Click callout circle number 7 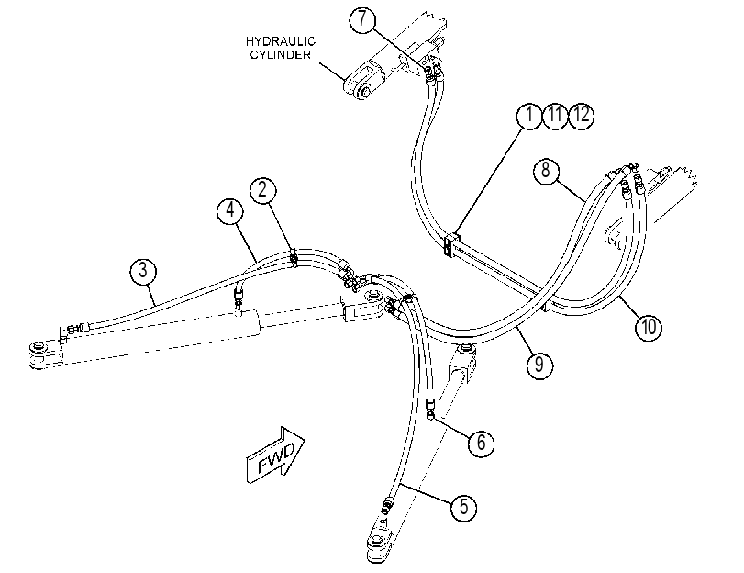362,19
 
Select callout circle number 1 529,115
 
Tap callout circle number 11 555,115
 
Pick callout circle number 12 582,115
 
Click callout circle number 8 546,170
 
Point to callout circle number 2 263,190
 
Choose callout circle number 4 230,209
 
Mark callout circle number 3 143,271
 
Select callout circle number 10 649,327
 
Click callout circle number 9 539,365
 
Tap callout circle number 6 481,443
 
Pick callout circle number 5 463,507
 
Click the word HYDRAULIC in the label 281,42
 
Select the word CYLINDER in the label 281,55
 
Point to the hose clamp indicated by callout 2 294,258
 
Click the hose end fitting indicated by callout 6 431,410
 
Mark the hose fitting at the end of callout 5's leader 387,504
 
